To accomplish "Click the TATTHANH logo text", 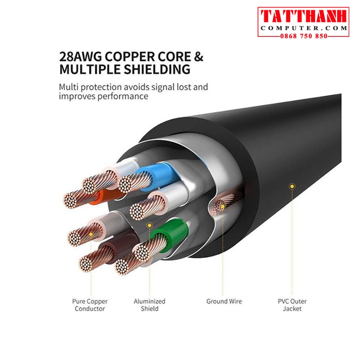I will [x=303, y=17].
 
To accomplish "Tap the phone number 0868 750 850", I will [x=303, y=36].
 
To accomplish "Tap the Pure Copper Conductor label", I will [x=90, y=305].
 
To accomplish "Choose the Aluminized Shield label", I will [x=149, y=305].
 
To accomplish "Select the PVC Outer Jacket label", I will [x=292, y=305].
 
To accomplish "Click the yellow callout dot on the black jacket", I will [x=291, y=186].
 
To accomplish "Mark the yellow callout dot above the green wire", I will [x=149, y=225].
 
